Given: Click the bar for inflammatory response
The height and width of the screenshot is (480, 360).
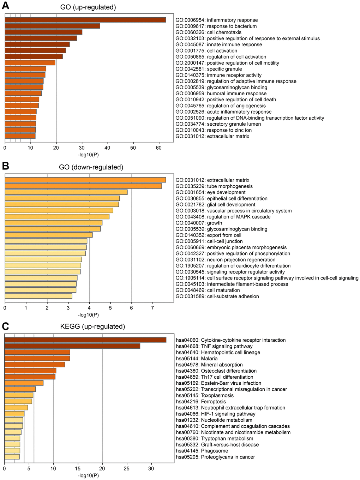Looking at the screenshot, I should [x=85, y=20].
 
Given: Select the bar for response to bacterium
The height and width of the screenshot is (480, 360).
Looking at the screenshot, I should [x=52, y=26].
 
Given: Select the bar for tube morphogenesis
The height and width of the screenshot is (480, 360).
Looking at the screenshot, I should [x=83, y=186].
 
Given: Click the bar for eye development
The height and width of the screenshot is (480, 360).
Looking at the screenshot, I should [x=66, y=192].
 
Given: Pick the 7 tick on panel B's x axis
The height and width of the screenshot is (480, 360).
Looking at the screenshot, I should [x=152, y=308].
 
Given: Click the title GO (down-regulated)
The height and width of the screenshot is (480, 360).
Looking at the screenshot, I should [x=91, y=167].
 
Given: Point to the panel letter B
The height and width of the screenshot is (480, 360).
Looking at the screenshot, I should [x=5, y=166].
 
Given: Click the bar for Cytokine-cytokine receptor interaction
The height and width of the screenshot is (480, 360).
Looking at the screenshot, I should [x=85, y=340].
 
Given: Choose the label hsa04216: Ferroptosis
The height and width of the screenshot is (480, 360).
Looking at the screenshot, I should [x=201, y=402].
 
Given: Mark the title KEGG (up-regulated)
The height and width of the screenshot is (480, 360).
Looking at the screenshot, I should [x=93, y=327].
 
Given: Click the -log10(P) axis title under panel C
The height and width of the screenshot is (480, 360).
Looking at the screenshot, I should [x=88, y=475].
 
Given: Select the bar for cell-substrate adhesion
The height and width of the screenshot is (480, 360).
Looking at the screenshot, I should [x=38, y=296].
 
